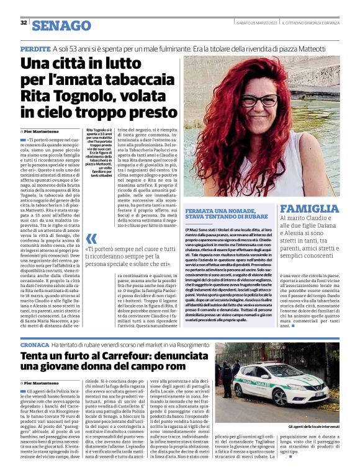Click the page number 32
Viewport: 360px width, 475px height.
pos(24,23)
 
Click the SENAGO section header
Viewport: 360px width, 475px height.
pos(61,25)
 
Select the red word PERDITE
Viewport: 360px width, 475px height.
pos(35,48)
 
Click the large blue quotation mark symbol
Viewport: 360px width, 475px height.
pos(91,239)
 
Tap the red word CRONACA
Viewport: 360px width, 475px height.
pos(34,344)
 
